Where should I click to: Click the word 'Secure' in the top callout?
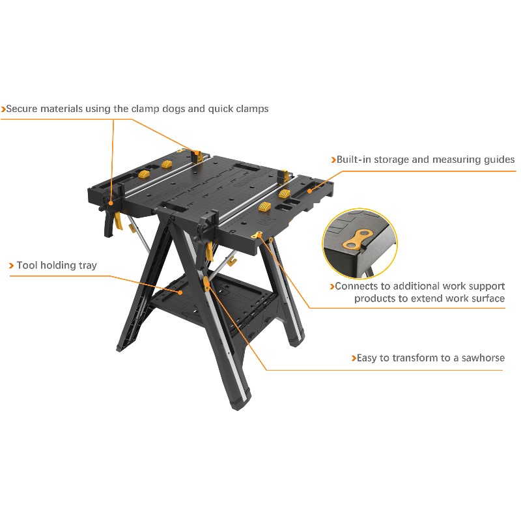tap(22, 109)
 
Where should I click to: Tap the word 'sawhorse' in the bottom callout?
tap(483, 358)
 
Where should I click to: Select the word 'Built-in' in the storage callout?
tap(354, 160)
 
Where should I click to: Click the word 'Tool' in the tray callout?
tap(27, 265)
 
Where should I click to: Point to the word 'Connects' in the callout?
tap(356, 286)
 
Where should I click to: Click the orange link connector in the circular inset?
tap(358, 240)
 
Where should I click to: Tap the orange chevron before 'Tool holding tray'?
tap(11, 266)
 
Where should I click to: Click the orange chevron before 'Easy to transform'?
tap(354, 358)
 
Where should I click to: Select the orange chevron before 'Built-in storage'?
tap(333, 160)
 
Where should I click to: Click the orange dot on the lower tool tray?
tap(180, 292)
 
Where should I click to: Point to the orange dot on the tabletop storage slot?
tap(309, 191)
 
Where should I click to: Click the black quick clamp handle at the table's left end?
tap(108, 223)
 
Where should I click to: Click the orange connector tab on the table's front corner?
tap(257, 235)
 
